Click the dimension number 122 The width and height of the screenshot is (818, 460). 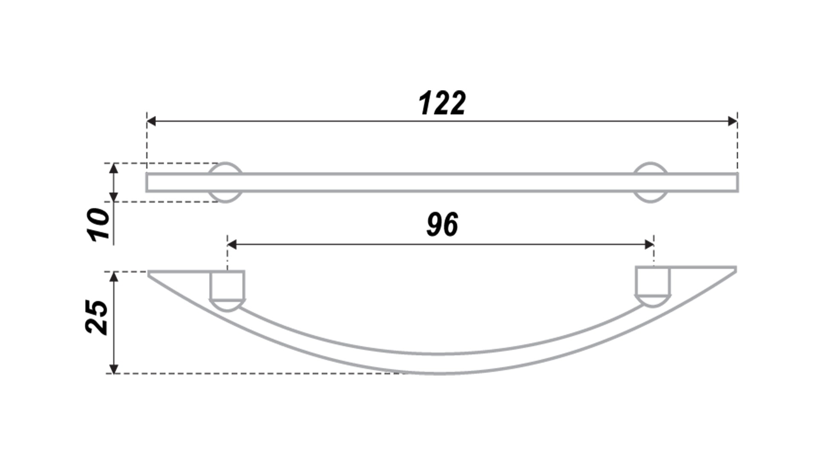(442, 103)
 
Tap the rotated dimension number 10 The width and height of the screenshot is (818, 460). (98, 224)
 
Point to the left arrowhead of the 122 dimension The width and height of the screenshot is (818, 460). (151, 121)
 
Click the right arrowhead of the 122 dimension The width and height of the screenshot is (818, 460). (733, 121)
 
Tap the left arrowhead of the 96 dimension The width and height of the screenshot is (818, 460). (232, 244)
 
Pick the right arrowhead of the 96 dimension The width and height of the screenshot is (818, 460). (649, 244)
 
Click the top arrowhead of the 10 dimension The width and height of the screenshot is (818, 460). (113, 168)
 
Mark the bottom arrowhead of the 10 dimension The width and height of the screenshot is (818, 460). (113, 197)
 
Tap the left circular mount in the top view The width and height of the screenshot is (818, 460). (225, 182)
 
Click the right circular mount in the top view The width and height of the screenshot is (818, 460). (651, 182)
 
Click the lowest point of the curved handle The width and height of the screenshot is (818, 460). (439, 374)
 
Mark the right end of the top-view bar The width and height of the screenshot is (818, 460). (738, 182)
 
